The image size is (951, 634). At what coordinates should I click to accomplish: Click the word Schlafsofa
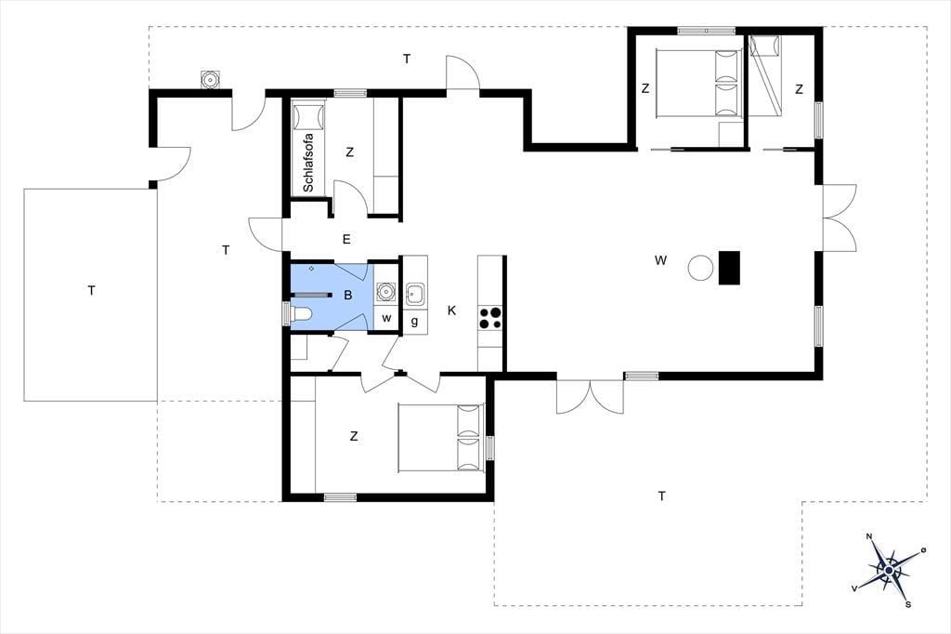[308, 163]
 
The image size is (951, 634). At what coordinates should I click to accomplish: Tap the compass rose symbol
[889, 570]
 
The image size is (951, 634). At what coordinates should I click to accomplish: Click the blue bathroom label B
[348, 296]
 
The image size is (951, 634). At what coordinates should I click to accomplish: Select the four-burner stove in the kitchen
[490, 318]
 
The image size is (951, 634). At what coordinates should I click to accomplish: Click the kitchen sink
[415, 294]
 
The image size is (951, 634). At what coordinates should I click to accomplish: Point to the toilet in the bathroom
[301, 314]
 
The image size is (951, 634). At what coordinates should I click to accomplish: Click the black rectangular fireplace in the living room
[730, 267]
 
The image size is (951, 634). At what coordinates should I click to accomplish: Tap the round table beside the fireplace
[701, 267]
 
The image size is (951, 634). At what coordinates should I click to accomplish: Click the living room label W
[660, 260]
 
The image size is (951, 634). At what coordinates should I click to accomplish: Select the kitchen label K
[452, 310]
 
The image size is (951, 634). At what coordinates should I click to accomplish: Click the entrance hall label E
[347, 239]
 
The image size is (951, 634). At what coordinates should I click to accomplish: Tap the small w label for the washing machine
[386, 318]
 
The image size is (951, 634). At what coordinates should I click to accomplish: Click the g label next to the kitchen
[415, 322]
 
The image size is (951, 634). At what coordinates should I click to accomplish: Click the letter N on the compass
[869, 536]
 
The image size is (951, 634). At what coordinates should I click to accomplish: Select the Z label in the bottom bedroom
[354, 436]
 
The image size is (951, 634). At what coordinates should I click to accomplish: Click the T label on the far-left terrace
[92, 291]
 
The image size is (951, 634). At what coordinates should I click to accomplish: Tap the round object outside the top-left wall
[210, 80]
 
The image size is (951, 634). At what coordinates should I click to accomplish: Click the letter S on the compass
[908, 604]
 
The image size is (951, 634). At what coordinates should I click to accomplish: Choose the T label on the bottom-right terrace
[661, 496]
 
